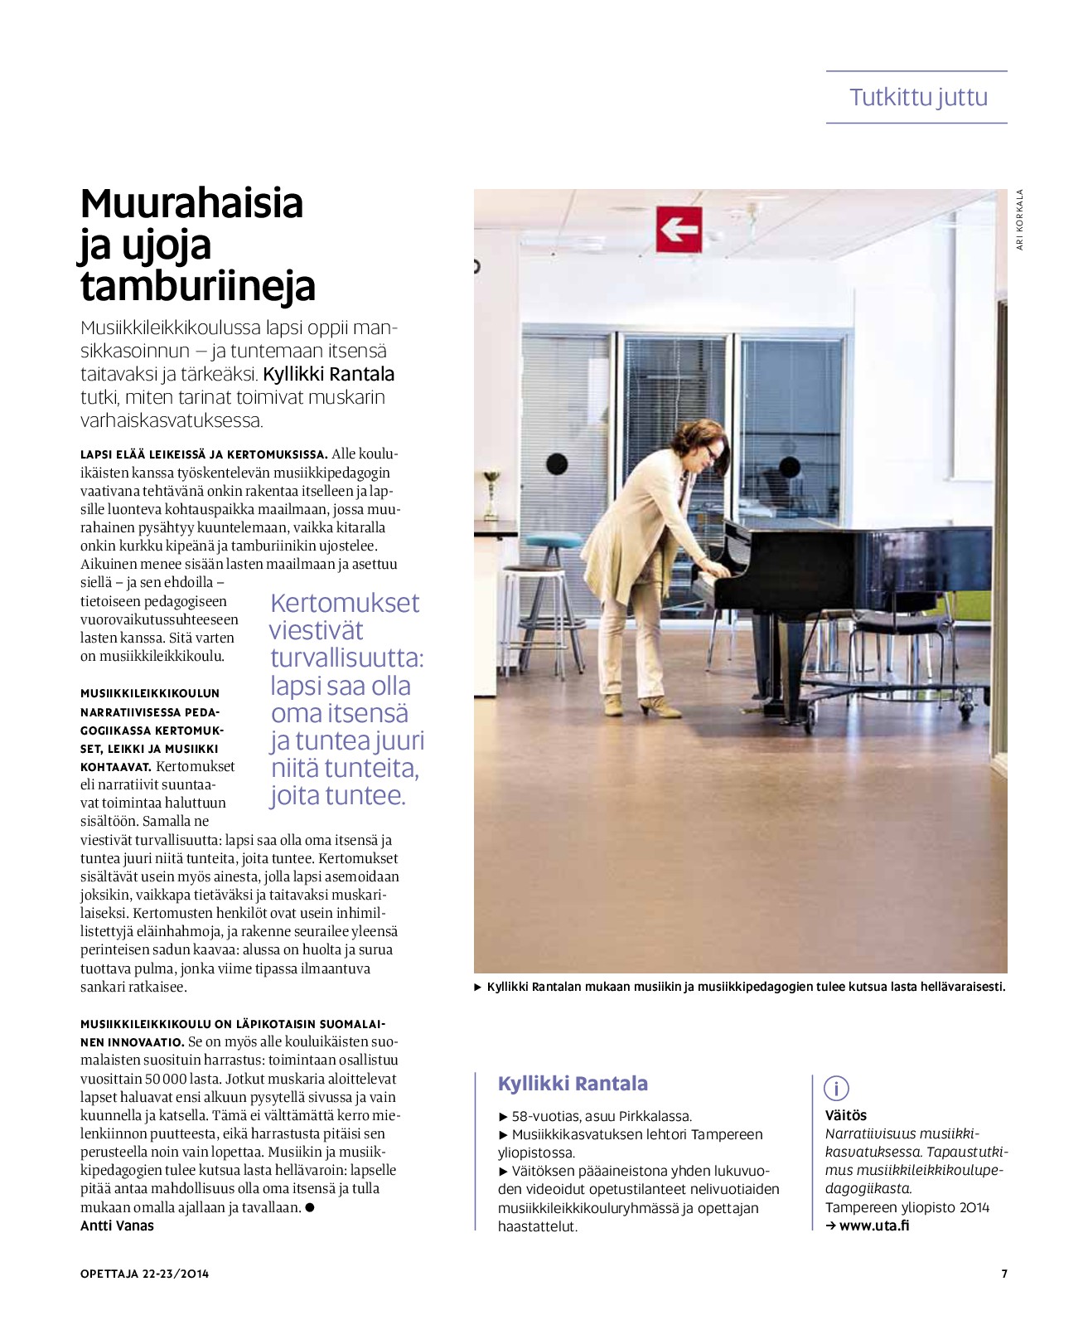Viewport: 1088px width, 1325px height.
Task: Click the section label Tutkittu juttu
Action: [918, 97]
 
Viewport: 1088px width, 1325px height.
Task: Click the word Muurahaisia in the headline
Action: [191, 203]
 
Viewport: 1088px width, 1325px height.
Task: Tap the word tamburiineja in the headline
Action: [198, 286]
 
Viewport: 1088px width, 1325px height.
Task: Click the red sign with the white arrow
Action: [679, 229]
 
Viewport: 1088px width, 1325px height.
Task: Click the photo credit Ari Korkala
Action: [1020, 220]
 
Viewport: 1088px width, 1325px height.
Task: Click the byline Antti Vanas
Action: [117, 1226]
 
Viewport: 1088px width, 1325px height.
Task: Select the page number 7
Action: [1004, 1274]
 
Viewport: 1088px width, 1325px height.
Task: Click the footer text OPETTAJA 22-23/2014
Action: [144, 1274]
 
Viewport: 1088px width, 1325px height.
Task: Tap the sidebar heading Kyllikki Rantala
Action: [573, 1084]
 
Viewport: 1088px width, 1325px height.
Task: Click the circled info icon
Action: [836, 1088]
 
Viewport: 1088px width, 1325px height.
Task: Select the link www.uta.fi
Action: [873, 1226]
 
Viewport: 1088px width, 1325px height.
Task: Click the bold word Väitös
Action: [845, 1115]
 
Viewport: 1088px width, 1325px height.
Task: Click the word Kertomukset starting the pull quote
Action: [345, 603]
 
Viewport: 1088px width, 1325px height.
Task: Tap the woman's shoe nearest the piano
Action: [660, 708]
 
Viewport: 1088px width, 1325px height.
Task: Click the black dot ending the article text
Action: [310, 1207]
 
